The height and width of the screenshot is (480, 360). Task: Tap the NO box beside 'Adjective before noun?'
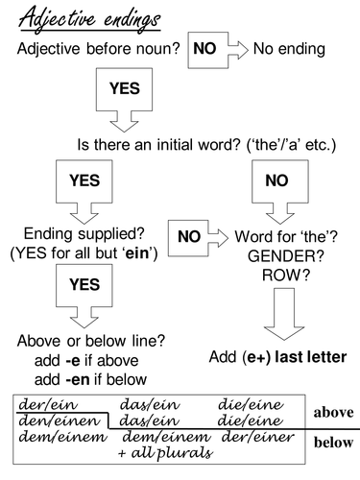tap(210, 46)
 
